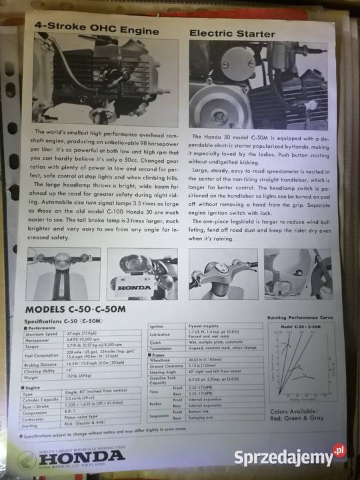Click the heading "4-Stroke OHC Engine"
click(96, 31)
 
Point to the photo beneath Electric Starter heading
click(262, 85)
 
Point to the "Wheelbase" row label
click(159, 359)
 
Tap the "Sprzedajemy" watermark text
click(283, 458)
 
